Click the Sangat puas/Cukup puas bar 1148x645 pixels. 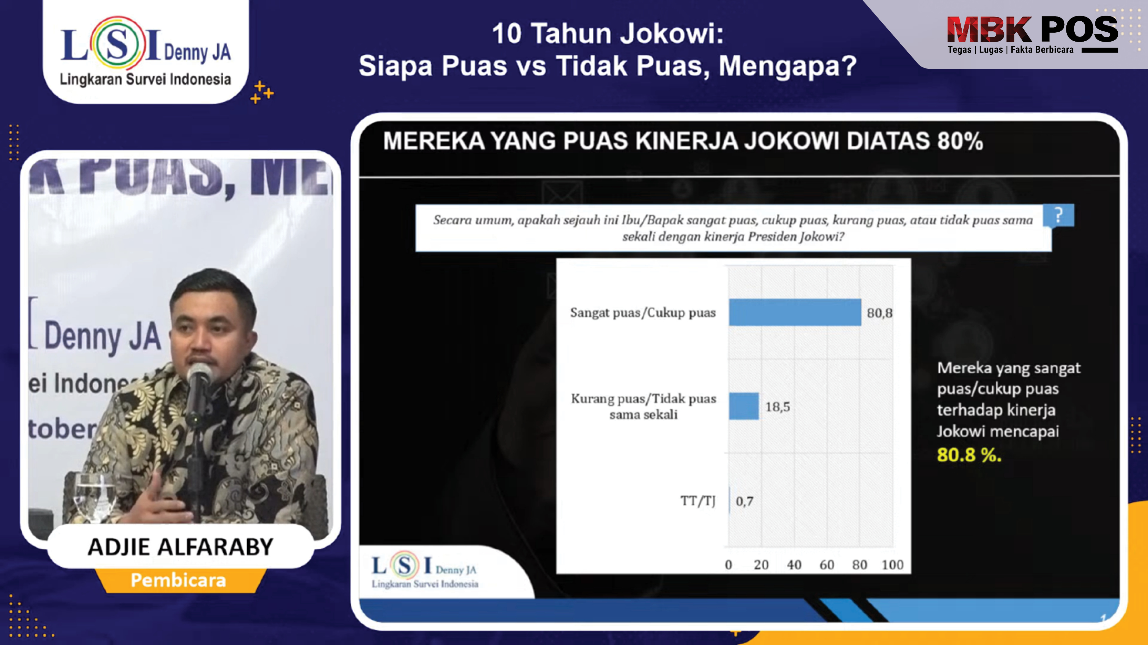(795, 312)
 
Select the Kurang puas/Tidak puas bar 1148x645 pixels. (744, 406)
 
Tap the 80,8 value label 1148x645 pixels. (879, 313)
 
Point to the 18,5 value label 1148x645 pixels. (778, 407)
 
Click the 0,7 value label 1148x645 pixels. (744, 501)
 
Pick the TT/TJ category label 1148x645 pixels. (698, 501)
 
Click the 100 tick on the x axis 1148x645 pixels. (892, 565)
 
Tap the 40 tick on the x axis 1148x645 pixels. (794, 565)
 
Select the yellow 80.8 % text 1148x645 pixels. (969, 455)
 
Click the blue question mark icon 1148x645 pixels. (1058, 215)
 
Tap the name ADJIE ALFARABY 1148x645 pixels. (180, 547)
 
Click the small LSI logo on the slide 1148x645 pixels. (425, 571)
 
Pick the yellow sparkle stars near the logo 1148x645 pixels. (261, 92)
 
